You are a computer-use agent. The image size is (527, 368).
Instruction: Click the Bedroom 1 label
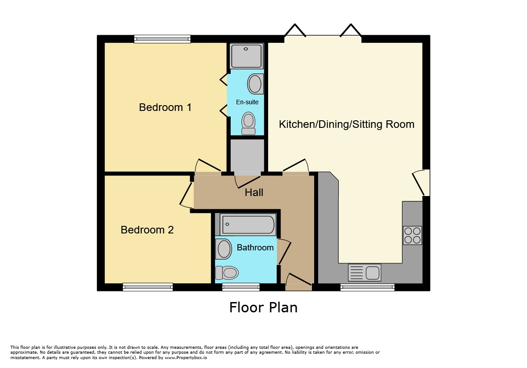coord(165,107)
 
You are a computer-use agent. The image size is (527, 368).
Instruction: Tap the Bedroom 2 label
coord(147,230)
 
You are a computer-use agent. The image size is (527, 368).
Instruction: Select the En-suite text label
coord(247,102)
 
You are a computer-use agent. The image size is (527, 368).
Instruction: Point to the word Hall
coord(254,192)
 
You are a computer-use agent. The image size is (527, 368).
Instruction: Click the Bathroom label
coord(255,248)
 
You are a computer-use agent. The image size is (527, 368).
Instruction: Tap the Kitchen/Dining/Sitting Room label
coord(347,124)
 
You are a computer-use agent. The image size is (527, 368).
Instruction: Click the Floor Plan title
coord(263,307)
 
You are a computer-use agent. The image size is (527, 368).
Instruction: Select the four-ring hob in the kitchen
coord(412,235)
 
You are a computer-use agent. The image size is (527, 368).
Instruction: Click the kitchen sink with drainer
coord(365,272)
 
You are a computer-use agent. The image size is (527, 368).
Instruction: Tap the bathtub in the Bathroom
coord(248,225)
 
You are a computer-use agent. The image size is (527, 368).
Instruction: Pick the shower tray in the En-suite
coord(247,56)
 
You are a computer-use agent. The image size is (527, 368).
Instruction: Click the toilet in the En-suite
coord(249,123)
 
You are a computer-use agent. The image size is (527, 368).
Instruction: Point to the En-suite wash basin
coord(255,84)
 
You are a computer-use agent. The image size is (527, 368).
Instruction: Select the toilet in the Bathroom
coord(227,273)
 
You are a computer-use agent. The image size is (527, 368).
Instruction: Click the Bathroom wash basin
coord(224,249)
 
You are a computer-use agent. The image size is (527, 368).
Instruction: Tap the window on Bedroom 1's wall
coord(162,39)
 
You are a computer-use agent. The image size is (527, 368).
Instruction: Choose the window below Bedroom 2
coord(148,287)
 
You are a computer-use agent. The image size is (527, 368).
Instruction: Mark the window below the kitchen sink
coord(367,287)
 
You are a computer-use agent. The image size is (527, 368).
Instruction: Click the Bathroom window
coord(241,287)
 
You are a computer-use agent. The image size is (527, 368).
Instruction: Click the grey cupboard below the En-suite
coord(247,155)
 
